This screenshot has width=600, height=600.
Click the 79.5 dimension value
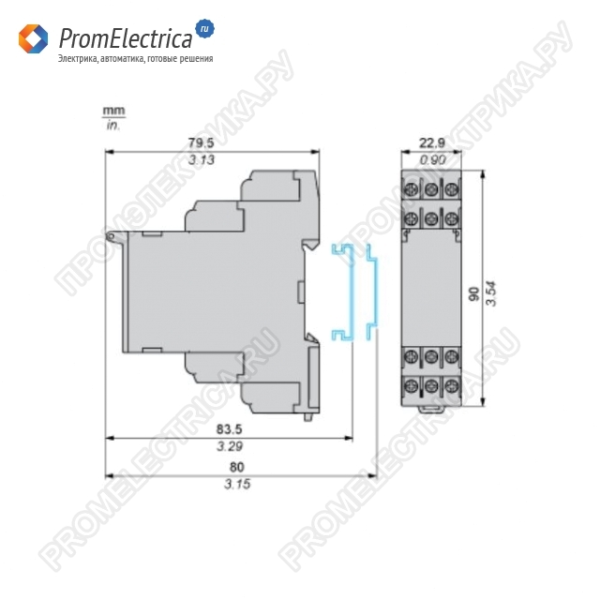point(201,142)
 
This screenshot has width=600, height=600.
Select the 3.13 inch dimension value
point(201,161)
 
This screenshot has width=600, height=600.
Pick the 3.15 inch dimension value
point(236,485)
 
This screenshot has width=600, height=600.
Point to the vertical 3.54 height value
point(490,293)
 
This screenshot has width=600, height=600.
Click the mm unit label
point(111,112)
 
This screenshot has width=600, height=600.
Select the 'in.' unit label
point(112,125)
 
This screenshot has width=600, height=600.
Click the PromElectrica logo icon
point(33,38)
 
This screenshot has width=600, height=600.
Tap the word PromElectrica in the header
point(125,38)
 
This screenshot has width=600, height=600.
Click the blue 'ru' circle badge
point(204,29)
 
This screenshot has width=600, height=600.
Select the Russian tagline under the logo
point(135,59)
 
